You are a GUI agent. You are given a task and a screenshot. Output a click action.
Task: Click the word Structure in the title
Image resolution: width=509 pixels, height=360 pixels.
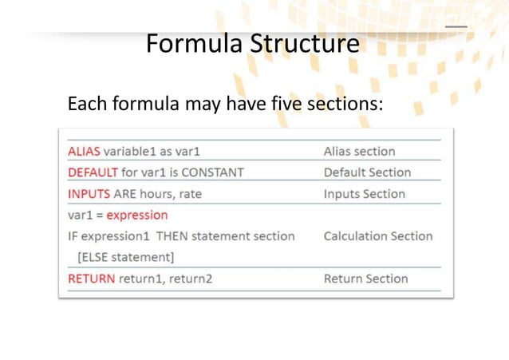click(x=306, y=44)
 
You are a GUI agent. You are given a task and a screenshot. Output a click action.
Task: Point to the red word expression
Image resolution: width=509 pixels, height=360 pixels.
click(x=137, y=216)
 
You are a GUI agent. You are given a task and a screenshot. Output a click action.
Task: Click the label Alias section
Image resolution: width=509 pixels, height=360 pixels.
click(x=359, y=151)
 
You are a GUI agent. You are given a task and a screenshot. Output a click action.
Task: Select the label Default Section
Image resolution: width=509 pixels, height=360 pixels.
click(x=367, y=172)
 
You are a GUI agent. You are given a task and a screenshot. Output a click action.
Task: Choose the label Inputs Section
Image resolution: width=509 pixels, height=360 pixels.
click(x=364, y=194)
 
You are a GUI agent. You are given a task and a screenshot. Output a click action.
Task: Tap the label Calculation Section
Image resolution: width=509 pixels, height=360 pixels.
click(x=378, y=236)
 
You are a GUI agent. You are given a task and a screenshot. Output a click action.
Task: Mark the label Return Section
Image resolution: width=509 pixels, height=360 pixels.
click(x=365, y=279)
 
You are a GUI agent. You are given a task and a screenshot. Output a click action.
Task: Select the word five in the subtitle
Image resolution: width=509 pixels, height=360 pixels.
click(x=285, y=105)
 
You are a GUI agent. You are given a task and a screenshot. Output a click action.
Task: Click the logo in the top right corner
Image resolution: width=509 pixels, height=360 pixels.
click(x=455, y=20)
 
